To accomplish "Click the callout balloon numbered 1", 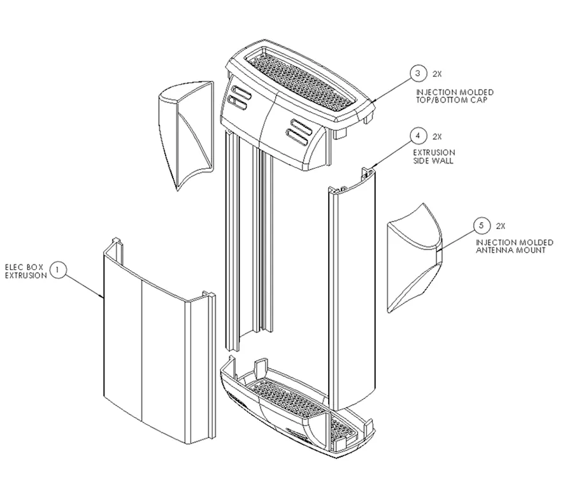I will pyautogui.click(x=59, y=270).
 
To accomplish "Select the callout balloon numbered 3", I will pyautogui.click(x=418, y=74).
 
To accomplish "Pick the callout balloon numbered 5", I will pyautogui.click(x=482, y=225).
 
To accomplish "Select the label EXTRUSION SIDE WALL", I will pyautogui.click(x=434, y=157).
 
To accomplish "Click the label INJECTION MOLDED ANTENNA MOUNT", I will pyautogui.click(x=515, y=246).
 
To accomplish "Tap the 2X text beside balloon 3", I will pyautogui.click(x=437, y=74).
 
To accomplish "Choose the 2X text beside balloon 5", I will pyautogui.click(x=501, y=226).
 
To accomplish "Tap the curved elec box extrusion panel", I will pyautogui.click(x=147, y=344).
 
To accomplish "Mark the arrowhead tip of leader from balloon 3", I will pyautogui.click(x=373, y=101).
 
